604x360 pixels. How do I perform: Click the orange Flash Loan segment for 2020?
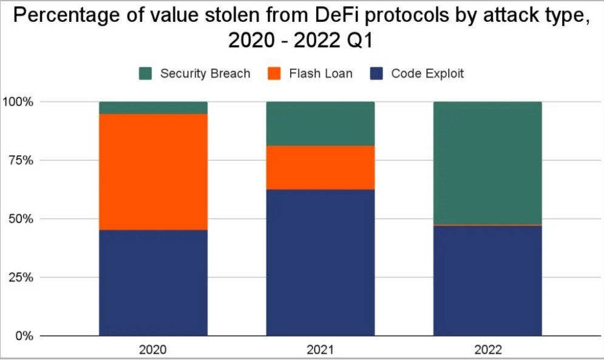tap(154, 172)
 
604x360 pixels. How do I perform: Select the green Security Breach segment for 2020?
tap(154, 107)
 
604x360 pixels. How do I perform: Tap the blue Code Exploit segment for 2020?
tap(154, 283)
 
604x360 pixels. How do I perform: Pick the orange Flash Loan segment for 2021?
tap(321, 168)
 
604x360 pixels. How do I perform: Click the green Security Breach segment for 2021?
tap(321, 124)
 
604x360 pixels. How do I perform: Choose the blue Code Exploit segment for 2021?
tap(321, 262)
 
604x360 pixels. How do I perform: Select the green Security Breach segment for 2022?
tap(487, 163)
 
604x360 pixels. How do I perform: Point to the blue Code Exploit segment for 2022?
tap(487, 280)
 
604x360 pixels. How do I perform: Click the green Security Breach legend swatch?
tap(145, 73)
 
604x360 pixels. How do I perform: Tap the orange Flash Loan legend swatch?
tap(274, 73)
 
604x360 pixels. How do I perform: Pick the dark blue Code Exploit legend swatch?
tap(376, 73)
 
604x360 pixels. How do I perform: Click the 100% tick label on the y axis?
tap(18, 102)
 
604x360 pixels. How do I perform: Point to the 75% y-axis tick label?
tap(21, 160)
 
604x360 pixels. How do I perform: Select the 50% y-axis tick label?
tap(21, 219)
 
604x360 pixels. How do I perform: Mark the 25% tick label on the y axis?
tap(21, 277)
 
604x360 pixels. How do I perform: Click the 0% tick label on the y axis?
tap(24, 336)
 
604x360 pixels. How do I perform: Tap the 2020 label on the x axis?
tap(153, 350)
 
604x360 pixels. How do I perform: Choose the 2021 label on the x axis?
tap(320, 350)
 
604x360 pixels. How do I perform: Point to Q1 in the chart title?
tap(360, 41)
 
